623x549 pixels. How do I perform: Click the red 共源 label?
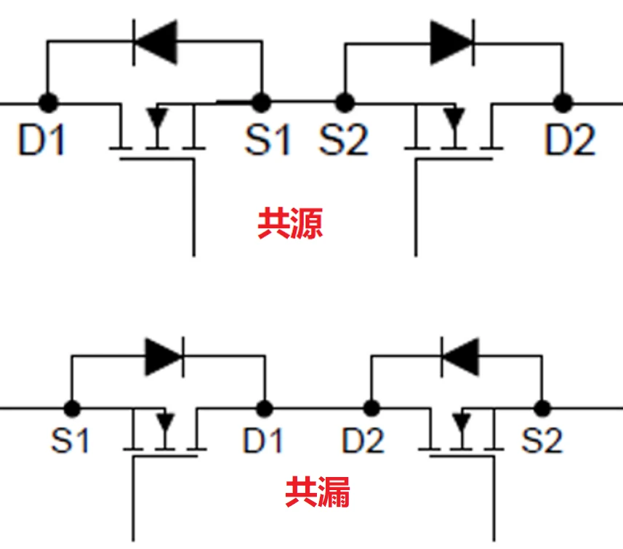pos(290,225)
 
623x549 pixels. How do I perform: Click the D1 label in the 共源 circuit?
pos(41,140)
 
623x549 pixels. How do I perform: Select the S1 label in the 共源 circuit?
pos(267,140)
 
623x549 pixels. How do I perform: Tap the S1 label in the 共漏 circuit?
pos(70,441)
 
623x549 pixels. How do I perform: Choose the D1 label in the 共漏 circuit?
pos(262,441)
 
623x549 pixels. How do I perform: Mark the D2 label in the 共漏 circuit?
pos(363,441)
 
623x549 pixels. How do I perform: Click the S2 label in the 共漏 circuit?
pos(542,441)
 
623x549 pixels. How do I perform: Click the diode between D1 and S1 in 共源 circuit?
pos(156,42)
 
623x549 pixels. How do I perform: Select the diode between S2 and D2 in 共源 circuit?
pos(452,42)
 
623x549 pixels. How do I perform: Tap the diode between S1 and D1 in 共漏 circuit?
pos(164,356)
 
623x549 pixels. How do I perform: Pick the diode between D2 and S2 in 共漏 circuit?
pos(461,356)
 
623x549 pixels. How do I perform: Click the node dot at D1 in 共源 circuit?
pos(48,103)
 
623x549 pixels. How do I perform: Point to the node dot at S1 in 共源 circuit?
pos(262,103)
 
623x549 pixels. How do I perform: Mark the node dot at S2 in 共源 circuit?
pos(345,103)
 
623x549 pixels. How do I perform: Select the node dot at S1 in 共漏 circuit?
pos(71,407)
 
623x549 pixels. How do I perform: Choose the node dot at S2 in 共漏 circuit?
pos(541,407)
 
